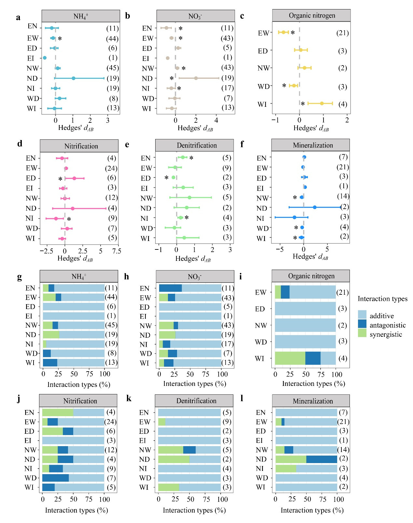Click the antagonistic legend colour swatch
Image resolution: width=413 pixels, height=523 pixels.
(362, 324)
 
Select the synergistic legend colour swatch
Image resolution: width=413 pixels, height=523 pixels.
(362, 333)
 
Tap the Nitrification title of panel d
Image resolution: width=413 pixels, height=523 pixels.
(81, 146)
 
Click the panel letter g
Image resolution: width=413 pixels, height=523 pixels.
(19, 277)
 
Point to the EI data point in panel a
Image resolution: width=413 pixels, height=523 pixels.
(45, 58)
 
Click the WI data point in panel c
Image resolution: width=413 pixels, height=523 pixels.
(322, 103)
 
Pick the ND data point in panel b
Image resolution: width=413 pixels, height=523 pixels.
(196, 78)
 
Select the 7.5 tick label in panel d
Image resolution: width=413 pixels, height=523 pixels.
(117, 251)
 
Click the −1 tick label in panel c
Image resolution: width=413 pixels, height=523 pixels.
(275, 120)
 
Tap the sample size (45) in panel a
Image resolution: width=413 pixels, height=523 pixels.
(113, 68)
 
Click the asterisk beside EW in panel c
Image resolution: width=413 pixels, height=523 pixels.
(293, 33)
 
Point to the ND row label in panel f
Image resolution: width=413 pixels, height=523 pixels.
(262, 208)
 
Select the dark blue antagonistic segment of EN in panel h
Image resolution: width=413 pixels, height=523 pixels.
(170, 288)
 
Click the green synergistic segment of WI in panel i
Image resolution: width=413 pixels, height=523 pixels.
(290, 358)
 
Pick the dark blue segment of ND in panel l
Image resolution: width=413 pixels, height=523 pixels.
(322, 459)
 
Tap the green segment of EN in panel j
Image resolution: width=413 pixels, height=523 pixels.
(58, 412)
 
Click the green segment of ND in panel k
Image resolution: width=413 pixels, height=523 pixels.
(173, 459)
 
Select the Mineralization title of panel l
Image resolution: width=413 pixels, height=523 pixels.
(313, 401)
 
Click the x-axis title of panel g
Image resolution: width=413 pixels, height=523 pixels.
(79, 385)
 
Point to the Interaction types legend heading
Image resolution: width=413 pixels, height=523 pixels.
(382, 299)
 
